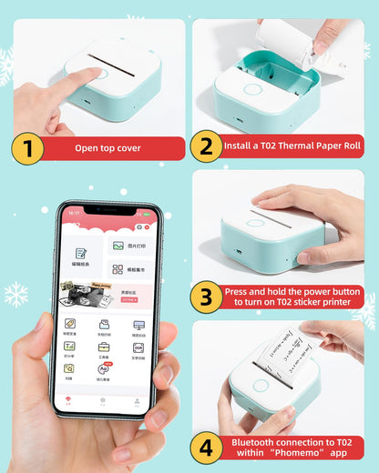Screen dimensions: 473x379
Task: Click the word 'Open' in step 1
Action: click(87, 148)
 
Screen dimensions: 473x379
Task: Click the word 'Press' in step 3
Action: click(239, 290)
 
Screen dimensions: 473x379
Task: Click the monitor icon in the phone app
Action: click(138, 325)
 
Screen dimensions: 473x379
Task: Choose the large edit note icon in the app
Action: click(81, 255)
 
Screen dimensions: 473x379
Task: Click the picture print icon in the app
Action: click(118, 246)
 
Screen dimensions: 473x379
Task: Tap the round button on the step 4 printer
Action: click(261, 386)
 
